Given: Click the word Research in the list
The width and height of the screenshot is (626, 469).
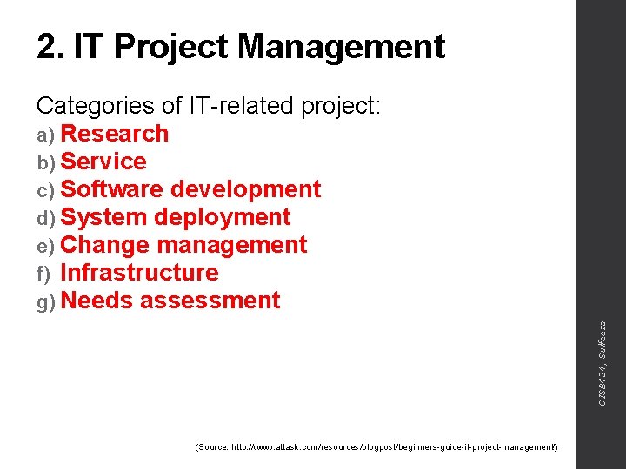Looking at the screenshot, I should click(115, 134).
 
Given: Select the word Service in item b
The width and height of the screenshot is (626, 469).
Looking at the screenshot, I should click(103, 162).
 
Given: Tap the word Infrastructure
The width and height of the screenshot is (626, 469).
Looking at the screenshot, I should click(139, 273).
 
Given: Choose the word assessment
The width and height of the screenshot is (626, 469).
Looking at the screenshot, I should click(210, 301).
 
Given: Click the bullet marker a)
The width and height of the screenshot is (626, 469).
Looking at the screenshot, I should click(46, 135).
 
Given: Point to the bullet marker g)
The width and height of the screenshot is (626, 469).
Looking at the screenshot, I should click(46, 302).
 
